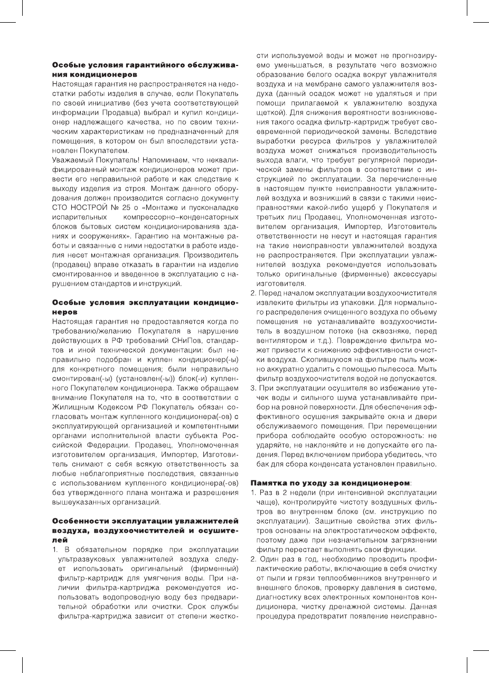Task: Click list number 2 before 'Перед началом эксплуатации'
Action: click(252, 293)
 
